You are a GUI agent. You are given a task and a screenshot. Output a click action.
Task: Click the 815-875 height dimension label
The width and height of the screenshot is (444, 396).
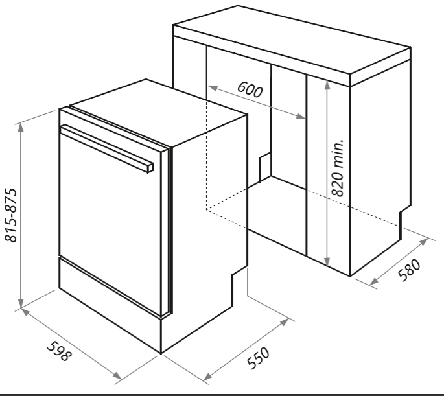11,215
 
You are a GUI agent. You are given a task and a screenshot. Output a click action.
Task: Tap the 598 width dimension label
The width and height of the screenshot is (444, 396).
59,351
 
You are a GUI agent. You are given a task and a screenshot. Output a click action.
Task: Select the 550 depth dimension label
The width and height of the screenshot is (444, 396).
258,358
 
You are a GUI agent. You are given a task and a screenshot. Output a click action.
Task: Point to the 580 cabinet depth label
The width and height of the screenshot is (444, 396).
410,270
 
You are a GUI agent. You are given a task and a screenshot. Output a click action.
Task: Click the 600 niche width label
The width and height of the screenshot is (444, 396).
250,89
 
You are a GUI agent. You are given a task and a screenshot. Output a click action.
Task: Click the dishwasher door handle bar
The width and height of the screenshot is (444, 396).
107,148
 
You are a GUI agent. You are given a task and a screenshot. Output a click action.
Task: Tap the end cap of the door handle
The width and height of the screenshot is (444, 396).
150,168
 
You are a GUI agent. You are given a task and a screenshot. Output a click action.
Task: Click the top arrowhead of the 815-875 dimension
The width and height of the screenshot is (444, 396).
20,128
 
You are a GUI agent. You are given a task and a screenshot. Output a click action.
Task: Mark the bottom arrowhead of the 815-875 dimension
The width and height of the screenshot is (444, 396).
20,303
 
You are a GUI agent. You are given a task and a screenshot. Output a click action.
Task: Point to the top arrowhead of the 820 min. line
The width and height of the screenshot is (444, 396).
327,85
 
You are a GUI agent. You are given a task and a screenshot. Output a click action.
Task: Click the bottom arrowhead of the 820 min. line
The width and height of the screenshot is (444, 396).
327,262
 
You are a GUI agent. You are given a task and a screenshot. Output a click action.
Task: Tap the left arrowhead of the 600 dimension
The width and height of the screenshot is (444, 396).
213,88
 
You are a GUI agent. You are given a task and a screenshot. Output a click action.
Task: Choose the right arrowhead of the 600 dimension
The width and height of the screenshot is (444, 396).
301,116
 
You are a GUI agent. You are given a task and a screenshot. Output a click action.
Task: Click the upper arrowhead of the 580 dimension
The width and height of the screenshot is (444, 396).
424,242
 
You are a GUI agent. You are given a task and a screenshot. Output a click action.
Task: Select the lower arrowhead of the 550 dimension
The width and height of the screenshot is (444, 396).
207,377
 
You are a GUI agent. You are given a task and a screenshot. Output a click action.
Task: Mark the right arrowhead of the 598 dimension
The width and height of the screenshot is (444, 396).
117,376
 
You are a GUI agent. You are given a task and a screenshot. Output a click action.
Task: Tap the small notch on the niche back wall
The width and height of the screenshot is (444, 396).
265,167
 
